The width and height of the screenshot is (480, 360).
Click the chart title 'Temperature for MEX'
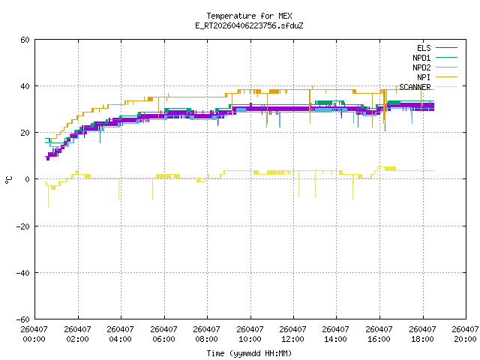[x=249, y=16]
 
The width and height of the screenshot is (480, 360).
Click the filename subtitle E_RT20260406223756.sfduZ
[x=249, y=25]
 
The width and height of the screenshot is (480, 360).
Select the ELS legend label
[x=424, y=48]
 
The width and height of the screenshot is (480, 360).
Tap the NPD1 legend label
[x=421, y=58]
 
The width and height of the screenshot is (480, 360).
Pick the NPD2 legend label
[x=421, y=67]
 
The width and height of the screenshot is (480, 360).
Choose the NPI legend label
[x=424, y=77]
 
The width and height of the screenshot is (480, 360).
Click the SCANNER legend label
[x=415, y=87]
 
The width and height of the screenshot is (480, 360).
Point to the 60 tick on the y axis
[x=25, y=40]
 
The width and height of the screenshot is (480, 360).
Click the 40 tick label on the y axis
[x=25, y=86]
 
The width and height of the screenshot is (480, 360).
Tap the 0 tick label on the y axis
[x=28, y=179]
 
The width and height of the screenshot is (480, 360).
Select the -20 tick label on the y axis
[x=23, y=226]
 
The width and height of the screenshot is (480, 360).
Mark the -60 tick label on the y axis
[x=23, y=319]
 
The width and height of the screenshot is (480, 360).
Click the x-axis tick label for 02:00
[x=77, y=334]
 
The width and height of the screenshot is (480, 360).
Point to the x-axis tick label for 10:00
[x=250, y=334]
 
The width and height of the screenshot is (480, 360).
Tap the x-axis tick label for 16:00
[x=379, y=334]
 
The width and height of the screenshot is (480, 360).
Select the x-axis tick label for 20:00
[x=465, y=334]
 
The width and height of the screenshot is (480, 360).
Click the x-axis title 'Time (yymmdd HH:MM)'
[x=249, y=353]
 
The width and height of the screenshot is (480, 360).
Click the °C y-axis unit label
[x=8, y=180]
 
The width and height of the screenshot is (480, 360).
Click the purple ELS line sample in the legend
[x=446, y=48]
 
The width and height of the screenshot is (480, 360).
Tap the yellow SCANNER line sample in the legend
[x=446, y=87]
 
